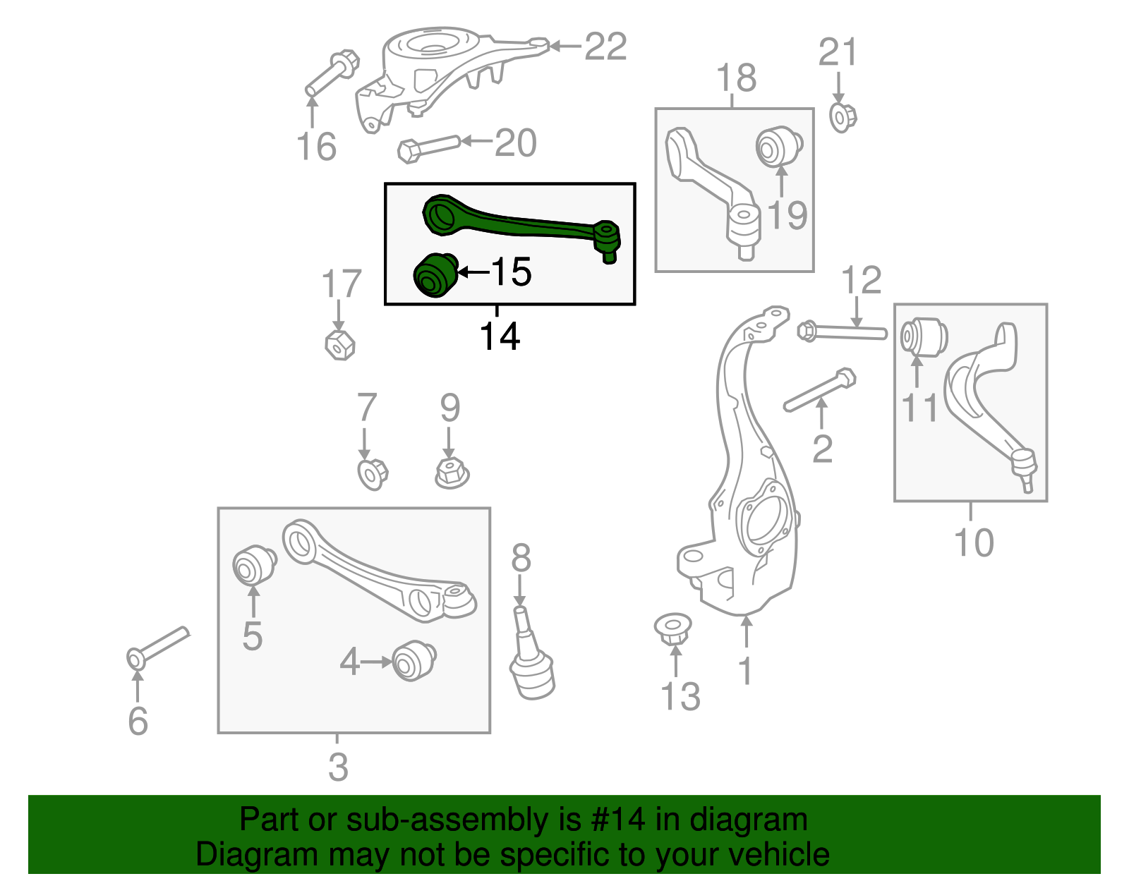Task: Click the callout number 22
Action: click(x=605, y=47)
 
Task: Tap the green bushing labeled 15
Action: click(x=433, y=275)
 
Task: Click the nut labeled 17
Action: click(x=339, y=344)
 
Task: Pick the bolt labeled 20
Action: click(x=428, y=147)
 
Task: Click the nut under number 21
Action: click(x=842, y=117)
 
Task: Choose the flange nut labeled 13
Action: click(x=672, y=628)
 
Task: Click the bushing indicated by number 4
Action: click(x=413, y=661)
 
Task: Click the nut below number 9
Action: click(x=452, y=473)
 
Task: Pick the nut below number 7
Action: click(x=373, y=474)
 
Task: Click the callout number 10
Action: click(x=973, y=542)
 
